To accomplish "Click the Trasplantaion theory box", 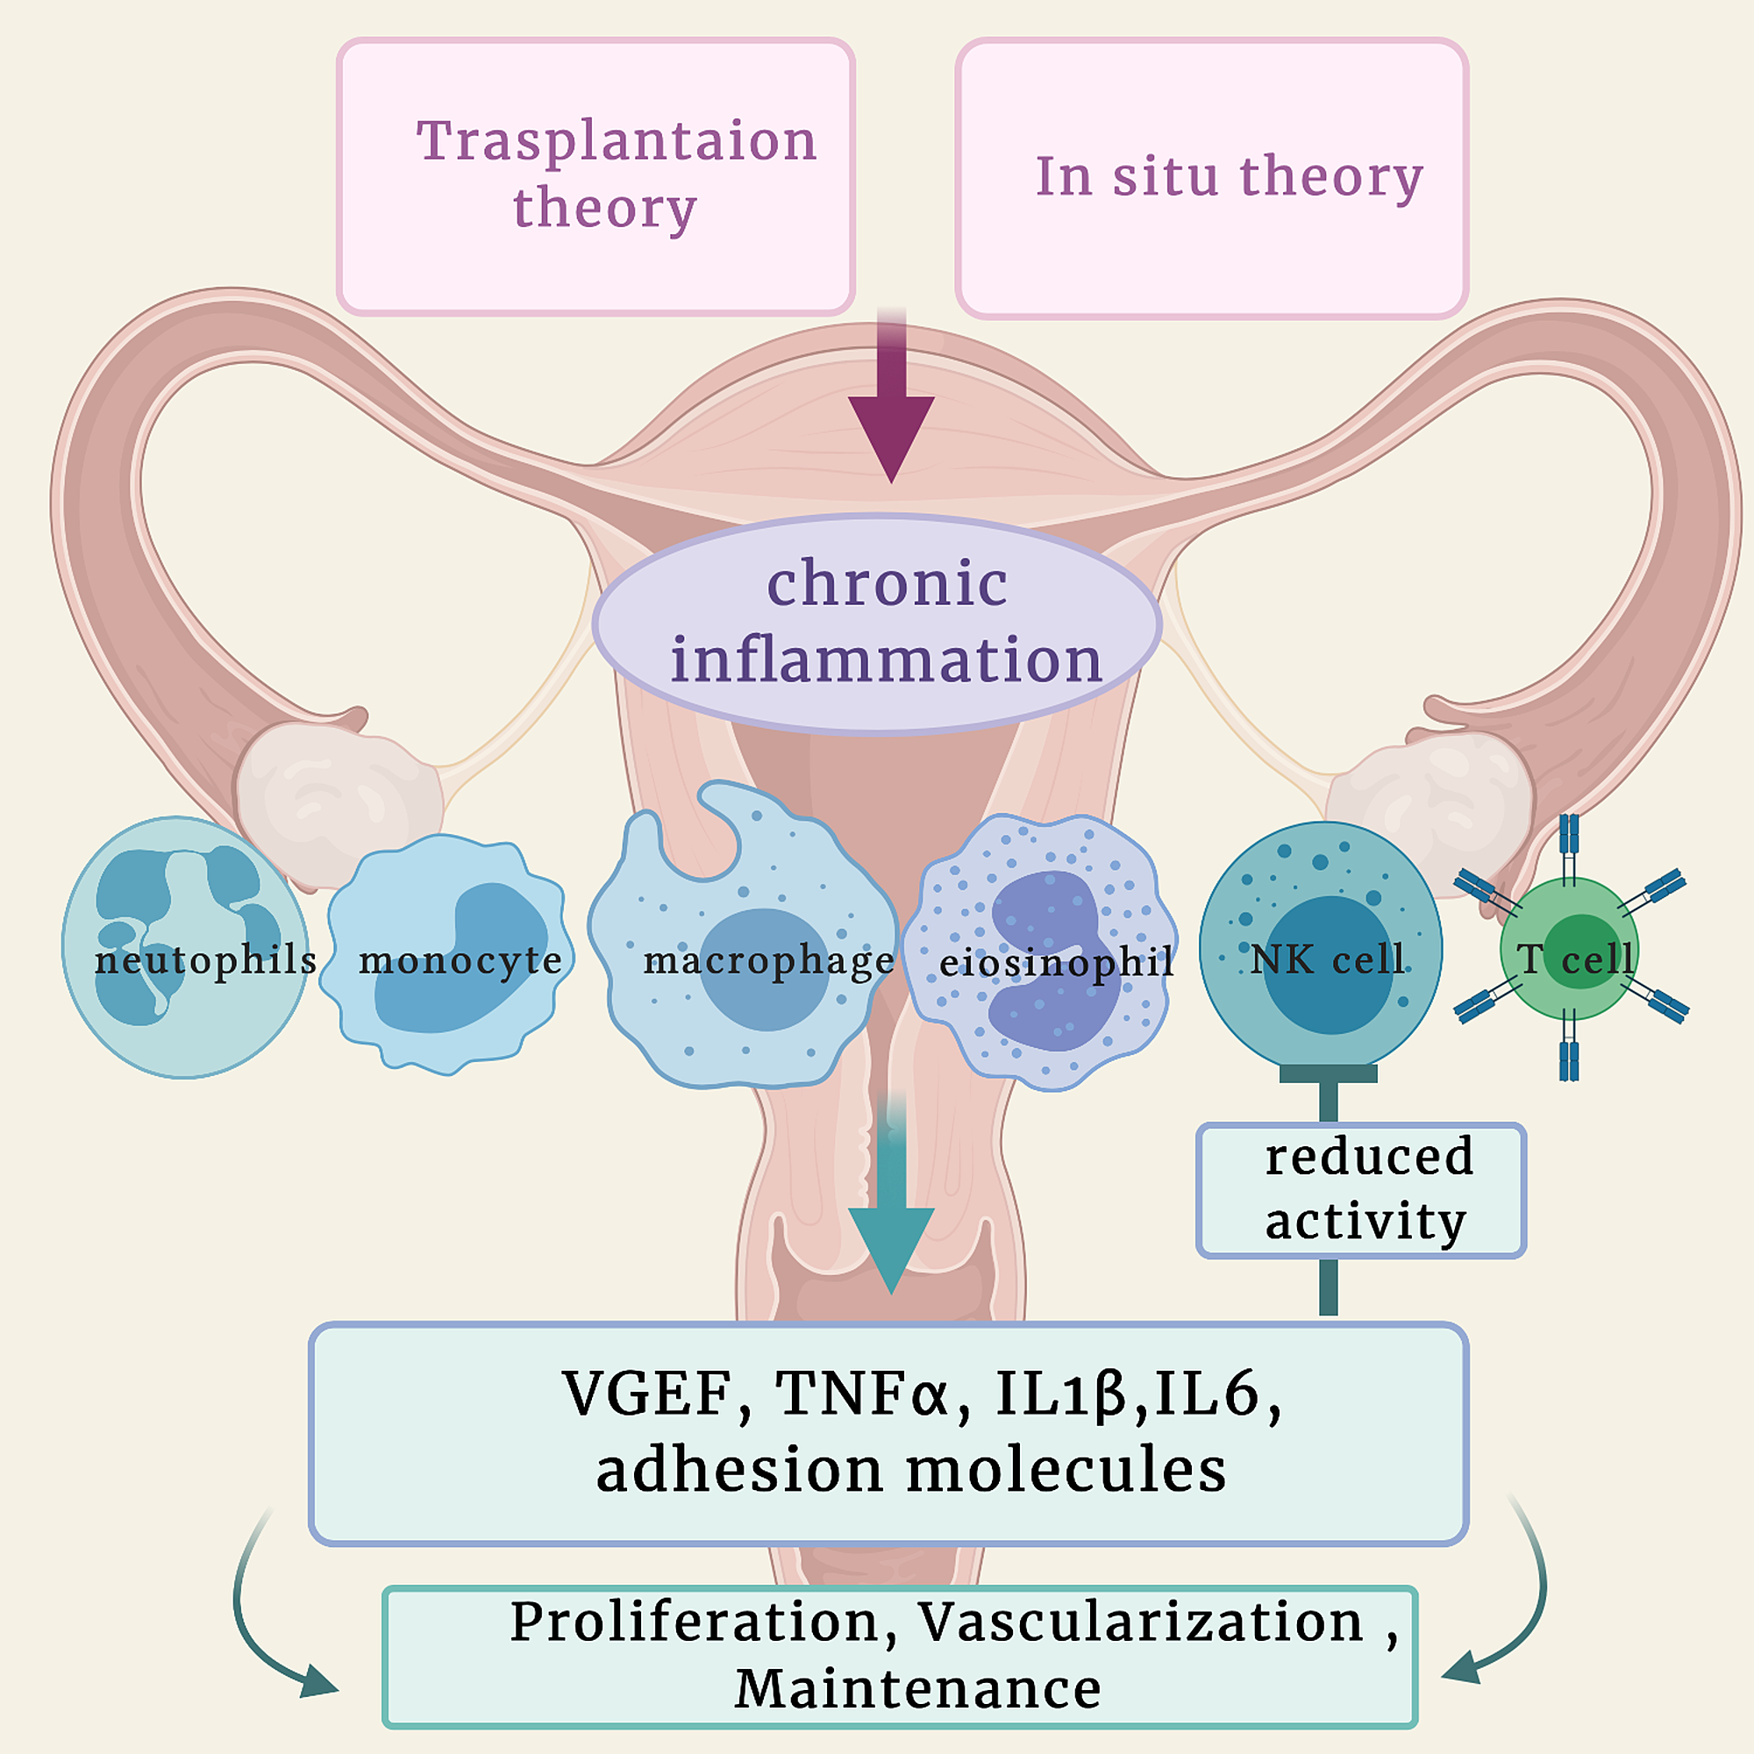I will coord(595,177).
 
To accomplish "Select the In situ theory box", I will coord(1211,179).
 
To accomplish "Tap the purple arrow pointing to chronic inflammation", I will coord(892,409).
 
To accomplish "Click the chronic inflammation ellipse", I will coord(877,624).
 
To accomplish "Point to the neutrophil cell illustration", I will coord(186,947).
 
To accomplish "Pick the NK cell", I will coord(1320,945).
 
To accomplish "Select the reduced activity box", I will coord(1360,1189).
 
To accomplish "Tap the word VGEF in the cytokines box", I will coord(646,1394).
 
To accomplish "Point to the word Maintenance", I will coord(917,1690).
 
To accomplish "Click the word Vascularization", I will coord(1140,1622).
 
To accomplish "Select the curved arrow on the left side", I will coord(259,1625).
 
